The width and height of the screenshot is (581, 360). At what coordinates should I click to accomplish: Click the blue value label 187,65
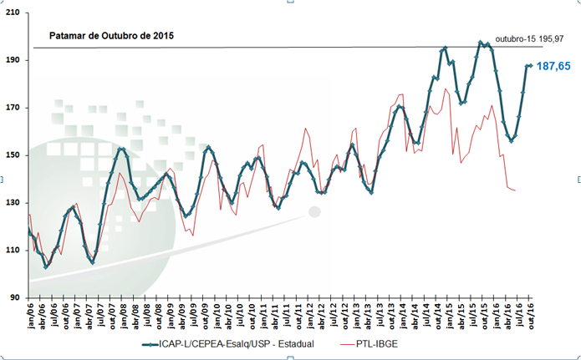(x=553, y=66)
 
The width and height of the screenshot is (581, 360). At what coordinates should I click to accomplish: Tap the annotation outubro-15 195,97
(x=530, y=39)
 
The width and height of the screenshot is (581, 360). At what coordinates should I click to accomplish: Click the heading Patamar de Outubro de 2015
(x=112, y=37)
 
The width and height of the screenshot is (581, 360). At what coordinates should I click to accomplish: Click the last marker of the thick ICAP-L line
(x=530, y=65)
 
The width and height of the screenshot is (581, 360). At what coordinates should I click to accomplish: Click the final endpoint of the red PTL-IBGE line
(x=515, y=191)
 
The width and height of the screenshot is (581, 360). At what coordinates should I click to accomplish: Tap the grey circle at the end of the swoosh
(x=314, y=212)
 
